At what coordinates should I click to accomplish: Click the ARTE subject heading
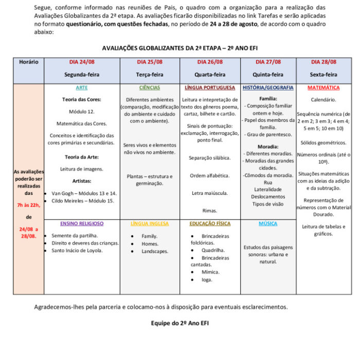click(x=81, y=88)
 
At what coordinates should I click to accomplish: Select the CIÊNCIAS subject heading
click(x=149, y=88)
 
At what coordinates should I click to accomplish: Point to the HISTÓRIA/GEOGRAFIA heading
click(x=268, y=88)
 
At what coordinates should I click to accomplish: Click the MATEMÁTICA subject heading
click(x=323, y=88)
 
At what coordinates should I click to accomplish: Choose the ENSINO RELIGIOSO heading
click(x=82, y=224)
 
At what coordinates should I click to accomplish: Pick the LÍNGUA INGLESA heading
click(x=149, y=224)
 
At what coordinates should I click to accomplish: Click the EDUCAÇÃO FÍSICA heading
click(x=210, y=224)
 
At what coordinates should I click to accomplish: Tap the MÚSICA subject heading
click(x=268, y=224)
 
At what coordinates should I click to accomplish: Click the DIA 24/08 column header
click(x=82, y=62)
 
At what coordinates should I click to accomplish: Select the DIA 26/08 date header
click(x=210, y=62)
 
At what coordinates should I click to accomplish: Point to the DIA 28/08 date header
click(x=323, y=62)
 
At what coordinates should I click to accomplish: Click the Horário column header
click(x=29, y=62)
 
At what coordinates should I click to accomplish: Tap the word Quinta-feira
click(x=268, y=75)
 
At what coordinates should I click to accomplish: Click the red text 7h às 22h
click(x=29, y=205)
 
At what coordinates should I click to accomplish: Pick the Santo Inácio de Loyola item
click(x=77, y=250)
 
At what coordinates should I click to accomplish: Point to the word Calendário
click(x=323, y=100)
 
